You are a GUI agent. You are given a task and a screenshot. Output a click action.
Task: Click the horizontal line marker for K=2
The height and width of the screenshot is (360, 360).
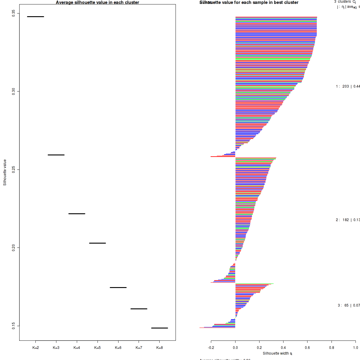[x=35, y=16]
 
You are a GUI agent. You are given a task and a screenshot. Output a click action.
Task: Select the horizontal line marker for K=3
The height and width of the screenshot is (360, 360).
[x=56, y=155]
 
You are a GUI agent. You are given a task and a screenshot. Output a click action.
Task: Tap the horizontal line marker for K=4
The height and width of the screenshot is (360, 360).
[x=77, y=214]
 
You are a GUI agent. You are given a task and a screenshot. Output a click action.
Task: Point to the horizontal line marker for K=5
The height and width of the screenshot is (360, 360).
[x=97, y=243]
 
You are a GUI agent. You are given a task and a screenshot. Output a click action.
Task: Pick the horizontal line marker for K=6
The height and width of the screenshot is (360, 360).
[x=118, y=287]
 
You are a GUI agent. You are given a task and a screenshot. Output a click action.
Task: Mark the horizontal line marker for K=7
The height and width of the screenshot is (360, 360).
[x=139, y=309]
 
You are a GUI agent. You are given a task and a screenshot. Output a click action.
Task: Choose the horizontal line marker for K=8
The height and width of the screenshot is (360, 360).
[x=160, y=328]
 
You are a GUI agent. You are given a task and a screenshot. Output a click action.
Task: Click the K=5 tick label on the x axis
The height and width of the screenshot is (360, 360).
[x=97, y=348]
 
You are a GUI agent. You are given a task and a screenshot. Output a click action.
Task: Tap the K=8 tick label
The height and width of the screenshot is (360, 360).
[x=160, y=348]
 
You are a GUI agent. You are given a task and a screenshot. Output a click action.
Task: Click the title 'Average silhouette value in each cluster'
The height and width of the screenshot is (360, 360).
[x=97, y=2]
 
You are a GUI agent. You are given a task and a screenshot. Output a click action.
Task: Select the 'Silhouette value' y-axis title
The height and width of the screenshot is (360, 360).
[x=5, y=172]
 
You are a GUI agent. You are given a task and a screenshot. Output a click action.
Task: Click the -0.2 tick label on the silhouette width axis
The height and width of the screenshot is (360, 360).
[x=211, y=348]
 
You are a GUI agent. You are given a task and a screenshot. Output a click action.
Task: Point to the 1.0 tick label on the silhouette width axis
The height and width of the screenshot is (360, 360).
[x=355, y=348]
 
